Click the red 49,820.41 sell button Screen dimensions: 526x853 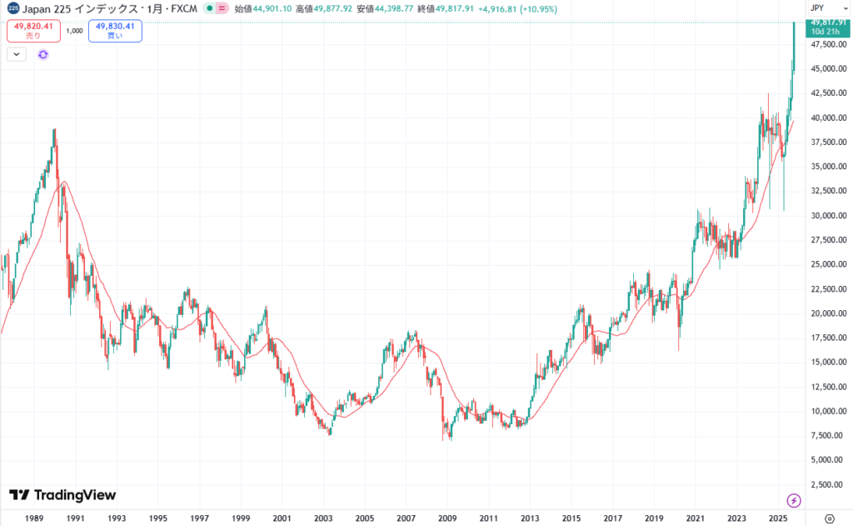coord(33,31)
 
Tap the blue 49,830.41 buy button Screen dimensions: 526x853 coord(115,31)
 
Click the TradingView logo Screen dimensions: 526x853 coord(62,495)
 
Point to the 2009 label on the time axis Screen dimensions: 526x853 coord(447,518)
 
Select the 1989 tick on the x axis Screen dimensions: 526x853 coord(35,518)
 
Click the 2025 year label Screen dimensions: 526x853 coord(777,518)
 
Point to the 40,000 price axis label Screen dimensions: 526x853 coord(822,118)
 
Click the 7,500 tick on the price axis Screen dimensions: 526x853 coord(824,435)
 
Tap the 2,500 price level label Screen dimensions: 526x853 coord(824,484)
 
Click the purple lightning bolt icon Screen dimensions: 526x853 coord(793,500)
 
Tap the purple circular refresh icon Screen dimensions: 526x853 coord(43,54)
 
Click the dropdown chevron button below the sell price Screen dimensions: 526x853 coord(17,54)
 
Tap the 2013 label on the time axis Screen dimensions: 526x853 coord(530,518)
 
